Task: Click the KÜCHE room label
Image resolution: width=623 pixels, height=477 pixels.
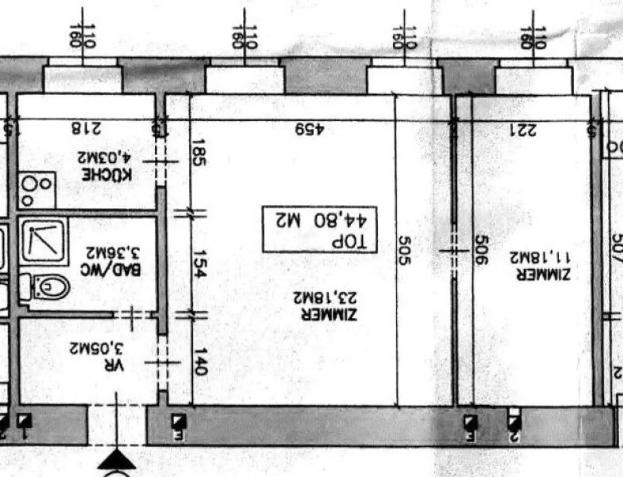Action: [107, 175]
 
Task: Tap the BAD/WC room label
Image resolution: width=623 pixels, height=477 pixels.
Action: [111, 270]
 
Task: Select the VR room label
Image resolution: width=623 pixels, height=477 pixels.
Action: [114, 366]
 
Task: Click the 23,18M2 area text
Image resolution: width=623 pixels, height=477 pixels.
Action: [325, 298]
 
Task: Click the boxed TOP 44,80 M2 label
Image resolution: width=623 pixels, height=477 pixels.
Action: [320, 229]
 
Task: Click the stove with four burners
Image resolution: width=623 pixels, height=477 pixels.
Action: [37, 190]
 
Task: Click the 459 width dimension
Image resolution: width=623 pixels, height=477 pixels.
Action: [310, 129]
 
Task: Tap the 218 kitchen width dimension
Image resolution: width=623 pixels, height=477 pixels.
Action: [86, 128]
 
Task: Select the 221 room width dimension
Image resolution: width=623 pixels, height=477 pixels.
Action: [523, 130]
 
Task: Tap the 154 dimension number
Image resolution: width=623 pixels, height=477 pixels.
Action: [200, 264]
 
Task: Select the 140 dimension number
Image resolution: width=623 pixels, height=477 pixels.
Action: [200, 361]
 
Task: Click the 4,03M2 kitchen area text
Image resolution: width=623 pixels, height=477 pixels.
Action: [104, 158]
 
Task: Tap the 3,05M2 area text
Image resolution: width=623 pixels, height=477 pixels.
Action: [96, 349]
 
